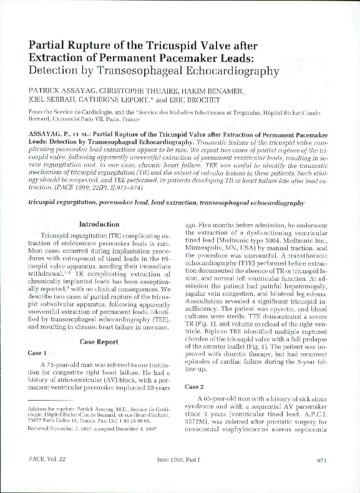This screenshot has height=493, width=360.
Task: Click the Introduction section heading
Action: [99, 224]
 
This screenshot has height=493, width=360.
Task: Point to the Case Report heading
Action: [99, 341]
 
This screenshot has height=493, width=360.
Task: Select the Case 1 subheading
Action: [37, 353]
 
